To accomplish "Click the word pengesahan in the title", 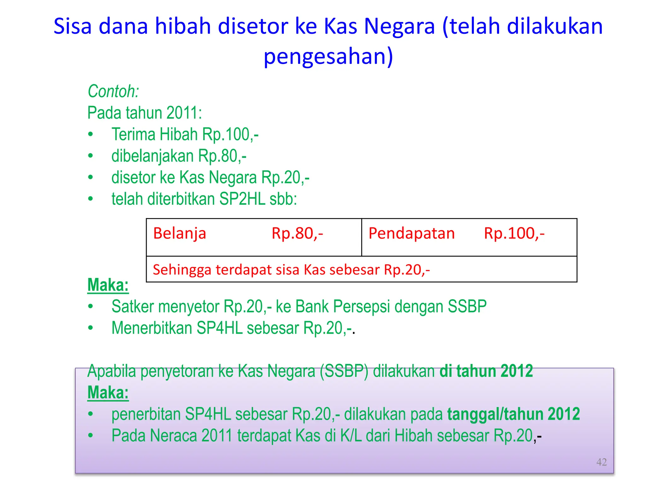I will (328, 57).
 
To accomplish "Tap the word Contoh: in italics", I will (113, 92).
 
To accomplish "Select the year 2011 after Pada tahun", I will (184, 113).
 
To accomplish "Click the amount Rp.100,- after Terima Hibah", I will (230, 135).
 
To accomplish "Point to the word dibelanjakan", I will (152, 156).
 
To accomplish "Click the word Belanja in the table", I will (179, 233).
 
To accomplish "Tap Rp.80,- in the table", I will (297, 233).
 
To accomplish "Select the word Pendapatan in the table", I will (411, 233).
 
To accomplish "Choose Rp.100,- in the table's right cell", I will (514, 233).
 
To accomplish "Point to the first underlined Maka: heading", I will (108, 285).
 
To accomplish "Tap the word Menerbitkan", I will (152, 328).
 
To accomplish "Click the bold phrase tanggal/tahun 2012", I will (514, 414).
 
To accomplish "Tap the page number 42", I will (601, 462).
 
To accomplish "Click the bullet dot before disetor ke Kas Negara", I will (91, 177).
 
